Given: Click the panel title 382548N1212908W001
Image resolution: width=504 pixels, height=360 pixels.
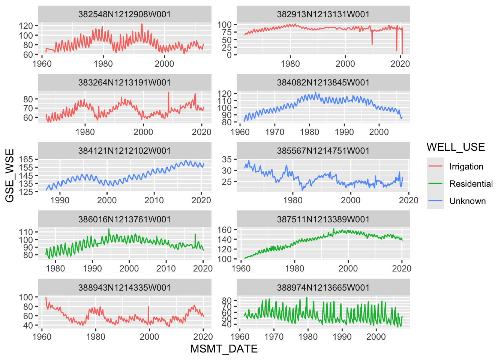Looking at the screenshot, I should point(124,14).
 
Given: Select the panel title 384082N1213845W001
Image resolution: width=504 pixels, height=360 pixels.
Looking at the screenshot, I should point(323,82).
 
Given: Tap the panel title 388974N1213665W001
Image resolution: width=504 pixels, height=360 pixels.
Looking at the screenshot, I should point(323,288).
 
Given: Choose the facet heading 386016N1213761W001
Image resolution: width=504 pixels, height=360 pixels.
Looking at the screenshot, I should point(124,219).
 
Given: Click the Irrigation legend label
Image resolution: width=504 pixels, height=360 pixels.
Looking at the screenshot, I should point(466,166).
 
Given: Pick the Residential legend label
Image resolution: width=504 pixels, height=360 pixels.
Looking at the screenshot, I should point(471,184).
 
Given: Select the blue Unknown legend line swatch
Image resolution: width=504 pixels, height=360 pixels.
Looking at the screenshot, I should point(435,201).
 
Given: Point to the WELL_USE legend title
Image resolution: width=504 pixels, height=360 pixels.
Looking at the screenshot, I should point(456,147).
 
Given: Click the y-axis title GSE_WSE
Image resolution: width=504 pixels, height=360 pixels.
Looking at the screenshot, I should point(10,175).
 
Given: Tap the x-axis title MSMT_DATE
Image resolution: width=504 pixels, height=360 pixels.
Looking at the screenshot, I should point(224,349).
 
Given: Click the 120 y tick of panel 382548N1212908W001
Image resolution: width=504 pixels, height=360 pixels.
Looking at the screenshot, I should point(26,26).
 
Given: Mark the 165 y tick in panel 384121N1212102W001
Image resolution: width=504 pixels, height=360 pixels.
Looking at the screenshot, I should point(26,160).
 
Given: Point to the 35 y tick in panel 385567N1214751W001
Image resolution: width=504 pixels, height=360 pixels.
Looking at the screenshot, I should point(226,159).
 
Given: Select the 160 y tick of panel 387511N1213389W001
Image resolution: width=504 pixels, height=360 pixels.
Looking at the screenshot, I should point(225,229).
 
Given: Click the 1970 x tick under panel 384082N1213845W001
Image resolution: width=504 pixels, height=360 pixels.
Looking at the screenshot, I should point(274,132).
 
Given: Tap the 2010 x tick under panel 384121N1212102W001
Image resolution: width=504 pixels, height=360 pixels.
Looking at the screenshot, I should point(154,200).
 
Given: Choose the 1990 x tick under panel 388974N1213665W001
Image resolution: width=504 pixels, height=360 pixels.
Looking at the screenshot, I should point(342,337).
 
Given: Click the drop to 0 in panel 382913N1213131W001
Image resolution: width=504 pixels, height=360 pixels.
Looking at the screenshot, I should point(402,54).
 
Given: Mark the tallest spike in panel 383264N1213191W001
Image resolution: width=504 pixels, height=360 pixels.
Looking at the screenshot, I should point(168,92).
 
